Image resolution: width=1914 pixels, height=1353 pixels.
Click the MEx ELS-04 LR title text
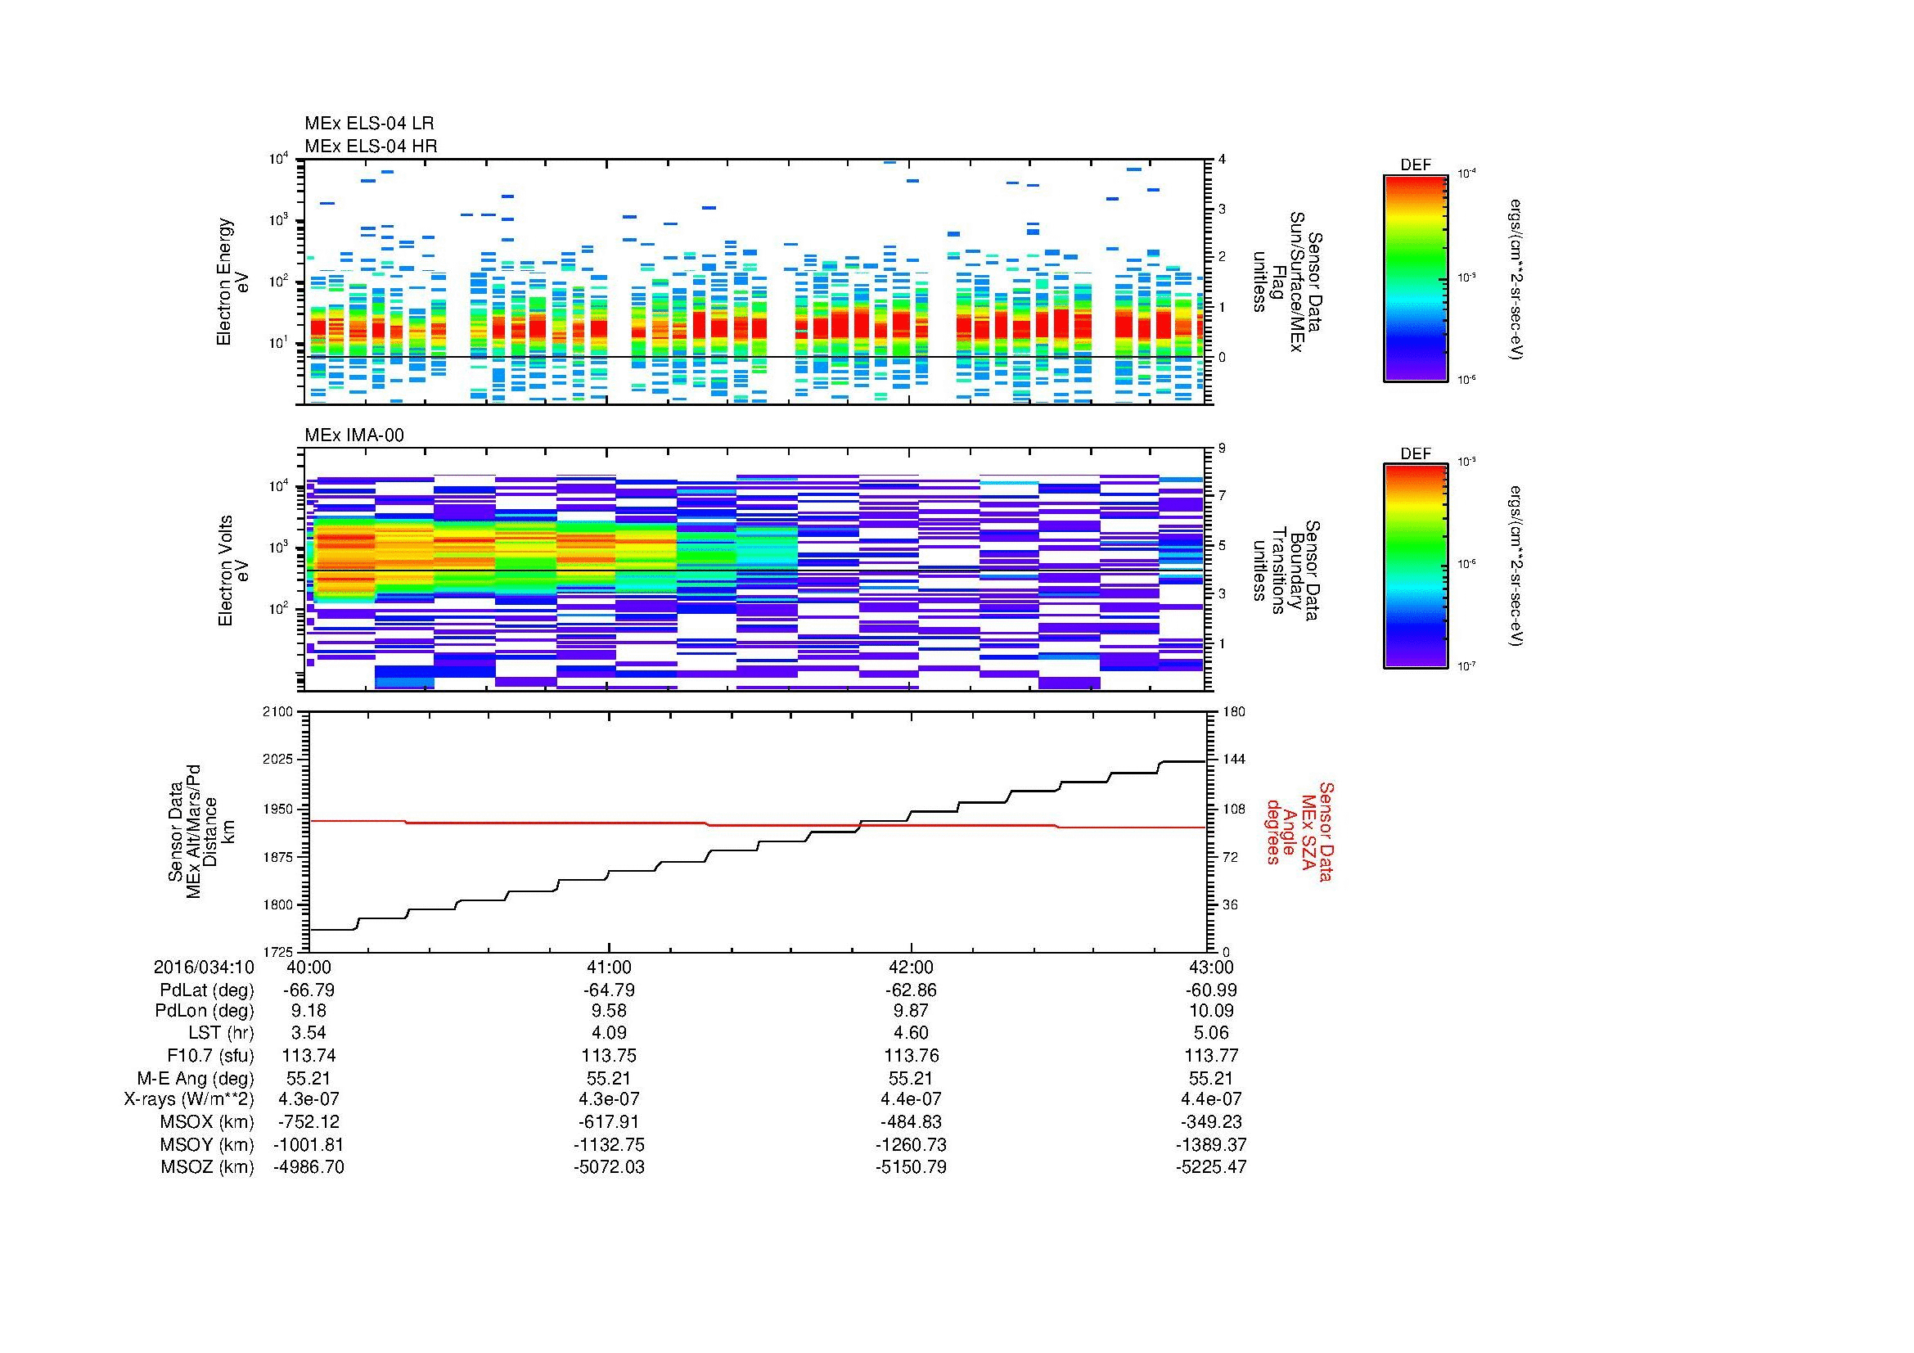[368, 124]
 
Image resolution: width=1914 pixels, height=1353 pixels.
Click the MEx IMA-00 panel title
[354, 435]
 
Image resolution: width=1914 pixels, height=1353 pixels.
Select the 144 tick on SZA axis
[1233, 760]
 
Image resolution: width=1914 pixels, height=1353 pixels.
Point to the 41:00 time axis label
[610, 967]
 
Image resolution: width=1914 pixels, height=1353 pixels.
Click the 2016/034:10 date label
[204, 967]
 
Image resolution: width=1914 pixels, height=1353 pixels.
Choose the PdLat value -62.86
[911, 990]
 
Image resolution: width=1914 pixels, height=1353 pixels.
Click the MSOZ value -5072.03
[610, 1167]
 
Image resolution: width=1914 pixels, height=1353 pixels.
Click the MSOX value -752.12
[308, 1122]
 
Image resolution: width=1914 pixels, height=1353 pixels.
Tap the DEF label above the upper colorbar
[1415, 165]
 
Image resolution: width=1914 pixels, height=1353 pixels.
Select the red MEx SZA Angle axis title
[1299, 831]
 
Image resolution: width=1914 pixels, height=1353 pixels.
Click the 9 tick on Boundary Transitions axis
[1221, 449]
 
